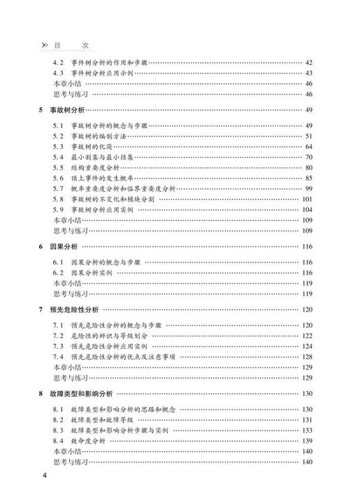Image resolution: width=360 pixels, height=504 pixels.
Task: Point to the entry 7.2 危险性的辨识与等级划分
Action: (104, 335)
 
